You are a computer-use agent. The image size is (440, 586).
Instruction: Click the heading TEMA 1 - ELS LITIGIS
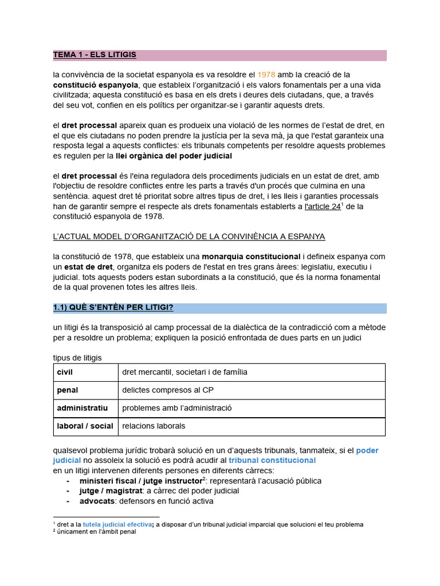95,55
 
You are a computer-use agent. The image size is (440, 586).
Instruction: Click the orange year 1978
266,74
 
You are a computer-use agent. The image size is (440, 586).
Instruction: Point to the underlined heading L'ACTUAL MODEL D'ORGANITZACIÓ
188,236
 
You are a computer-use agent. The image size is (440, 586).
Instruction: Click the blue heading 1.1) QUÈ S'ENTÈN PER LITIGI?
113,308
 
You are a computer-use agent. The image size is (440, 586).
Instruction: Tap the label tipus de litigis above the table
77,358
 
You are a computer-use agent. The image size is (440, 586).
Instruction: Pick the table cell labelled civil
65,372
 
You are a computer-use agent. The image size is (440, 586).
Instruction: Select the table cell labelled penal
67,390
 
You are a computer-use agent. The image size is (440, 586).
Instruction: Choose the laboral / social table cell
85,426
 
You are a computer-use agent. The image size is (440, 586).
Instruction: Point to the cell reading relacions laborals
154,426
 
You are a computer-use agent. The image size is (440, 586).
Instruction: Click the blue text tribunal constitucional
272,460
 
